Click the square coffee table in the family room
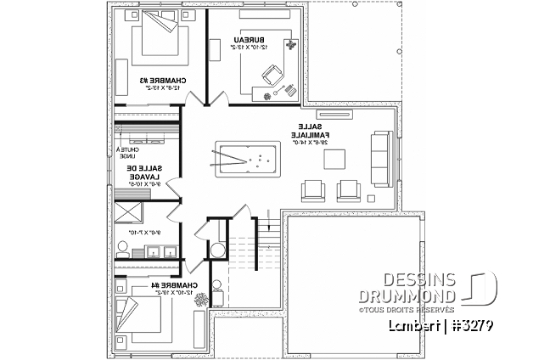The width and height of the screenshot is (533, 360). [335, 159]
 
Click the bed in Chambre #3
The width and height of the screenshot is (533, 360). [155, 36]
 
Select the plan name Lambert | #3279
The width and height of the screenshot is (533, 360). [440, 326]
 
